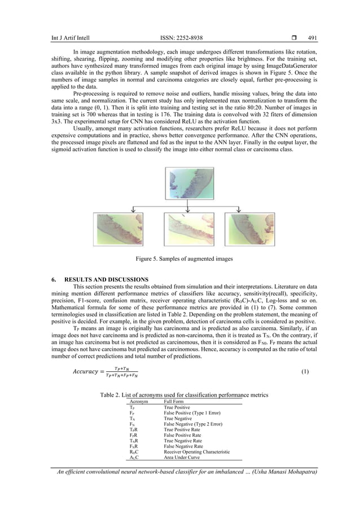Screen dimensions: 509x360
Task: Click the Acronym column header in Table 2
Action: [139, 401]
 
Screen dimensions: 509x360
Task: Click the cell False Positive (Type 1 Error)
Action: [192, 414]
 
